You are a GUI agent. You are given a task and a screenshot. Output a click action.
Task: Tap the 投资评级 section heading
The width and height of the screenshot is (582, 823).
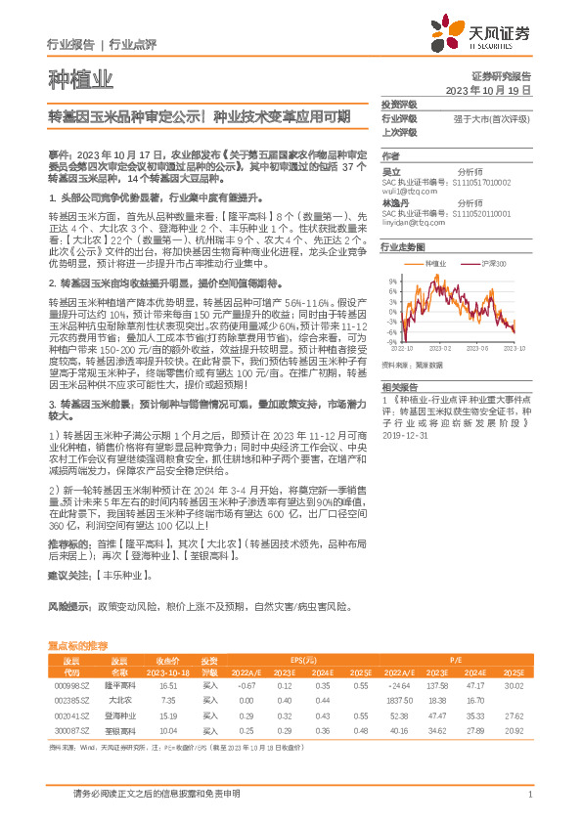(399, 104)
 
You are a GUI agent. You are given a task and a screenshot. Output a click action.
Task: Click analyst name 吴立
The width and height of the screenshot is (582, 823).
(390, 171)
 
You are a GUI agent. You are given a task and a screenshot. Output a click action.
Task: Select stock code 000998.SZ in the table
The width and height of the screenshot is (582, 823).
(70, 687)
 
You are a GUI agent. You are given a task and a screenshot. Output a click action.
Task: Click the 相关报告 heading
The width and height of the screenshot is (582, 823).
(399, 387)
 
